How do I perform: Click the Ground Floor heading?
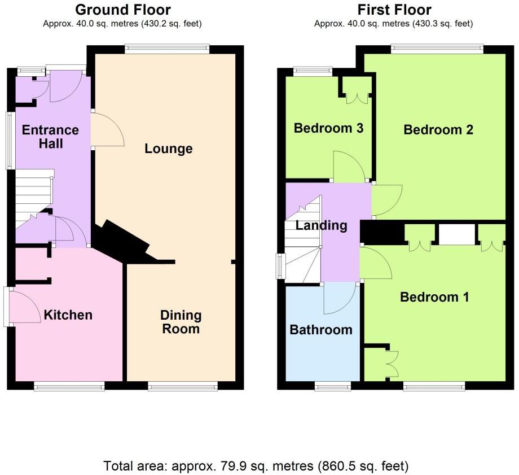(x=122, y=10)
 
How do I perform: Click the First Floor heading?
(x=394, y=10)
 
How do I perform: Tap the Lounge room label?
(x=169, y=149)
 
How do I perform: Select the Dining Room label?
(x=181, y=322)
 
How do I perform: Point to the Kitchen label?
(x=68, y=315)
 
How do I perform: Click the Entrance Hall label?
(x=50, y=137)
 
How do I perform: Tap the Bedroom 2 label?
(x=438, y=130)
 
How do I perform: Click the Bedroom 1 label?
(x=434, y=297)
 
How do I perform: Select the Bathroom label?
(x=320, y=330)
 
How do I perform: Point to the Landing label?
(x=321, y=226)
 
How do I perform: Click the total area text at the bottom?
(x=256, y=467)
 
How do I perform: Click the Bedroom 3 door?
(x=350, y=166)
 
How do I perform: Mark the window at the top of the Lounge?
(x=168, y=49)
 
